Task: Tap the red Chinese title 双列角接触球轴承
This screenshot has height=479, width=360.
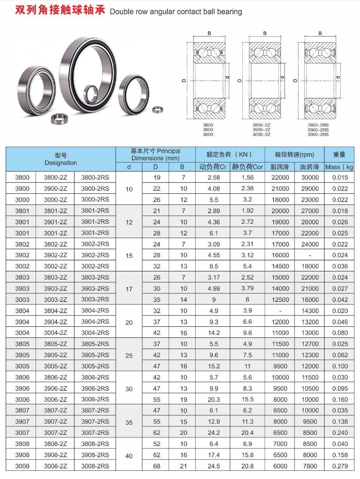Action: click(60, 10)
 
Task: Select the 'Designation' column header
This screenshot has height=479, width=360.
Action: click(61, 163)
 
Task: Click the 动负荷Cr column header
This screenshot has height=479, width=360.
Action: click(213, 167)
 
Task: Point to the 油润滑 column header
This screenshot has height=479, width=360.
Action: click(309, 167)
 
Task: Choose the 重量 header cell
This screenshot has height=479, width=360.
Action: click(339, 155)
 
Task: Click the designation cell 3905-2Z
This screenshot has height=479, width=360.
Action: click(55, 355)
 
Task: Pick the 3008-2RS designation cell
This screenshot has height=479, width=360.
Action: click(95, 466)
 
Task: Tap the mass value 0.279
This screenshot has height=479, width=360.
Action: click(340, 466)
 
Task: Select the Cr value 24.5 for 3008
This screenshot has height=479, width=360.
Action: click(214, 466)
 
